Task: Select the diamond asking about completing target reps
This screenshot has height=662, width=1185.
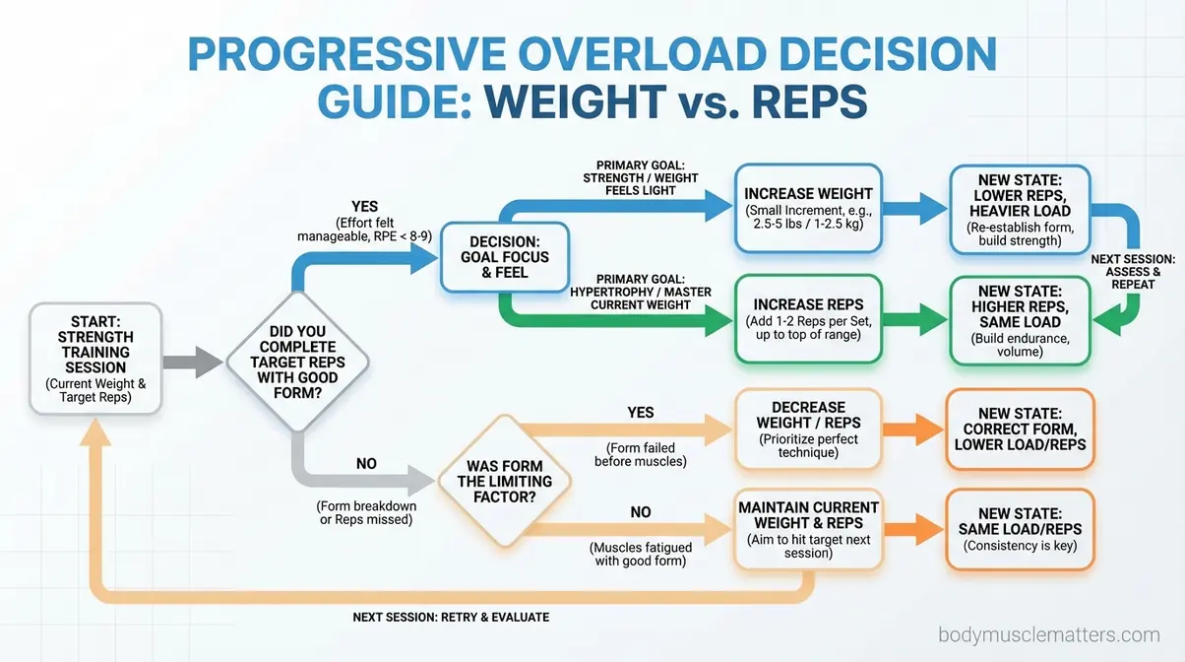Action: (x=297, y=362)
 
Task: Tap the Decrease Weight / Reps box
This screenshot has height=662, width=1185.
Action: (x=809, y=430)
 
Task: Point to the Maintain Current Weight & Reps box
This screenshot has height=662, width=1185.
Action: (x=809, y=528)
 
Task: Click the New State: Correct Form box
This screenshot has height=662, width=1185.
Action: (x=1020, y=430)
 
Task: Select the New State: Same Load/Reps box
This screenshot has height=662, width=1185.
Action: (x=1020, y=527)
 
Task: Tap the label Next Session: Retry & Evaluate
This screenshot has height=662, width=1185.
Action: (x=451, y=617)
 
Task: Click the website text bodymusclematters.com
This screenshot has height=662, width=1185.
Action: (x=1049, y=635)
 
